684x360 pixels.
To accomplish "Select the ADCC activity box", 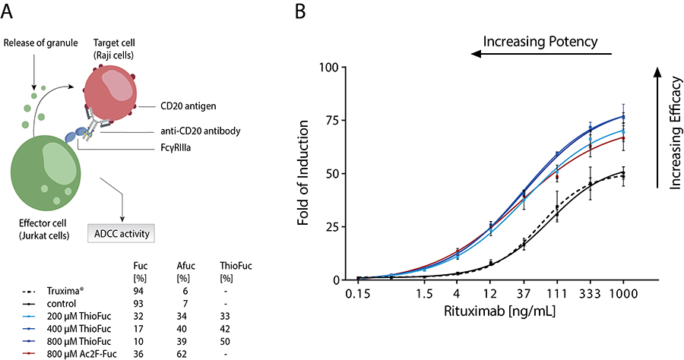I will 122,232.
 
